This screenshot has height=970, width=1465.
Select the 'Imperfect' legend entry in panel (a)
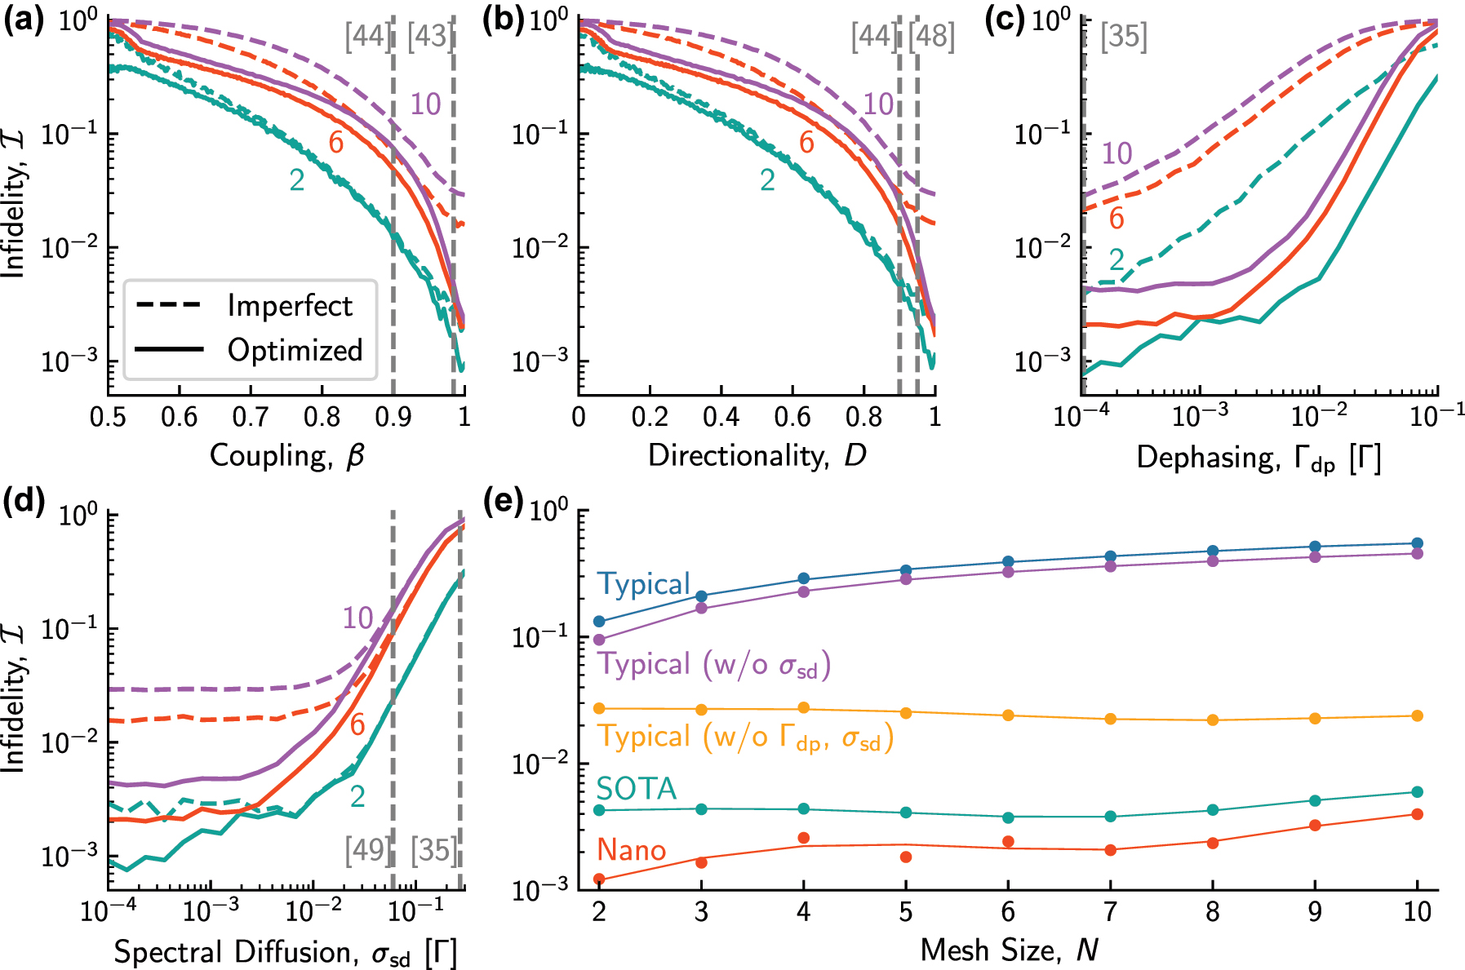point(289,306)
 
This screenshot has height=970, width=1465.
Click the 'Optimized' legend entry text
point(295,350)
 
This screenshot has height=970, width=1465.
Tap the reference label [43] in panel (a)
point(430,37)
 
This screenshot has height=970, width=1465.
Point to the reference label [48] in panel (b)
point(931,37)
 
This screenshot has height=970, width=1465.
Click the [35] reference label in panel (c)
point(1124,37)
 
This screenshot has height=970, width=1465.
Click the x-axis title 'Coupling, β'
point(286,455)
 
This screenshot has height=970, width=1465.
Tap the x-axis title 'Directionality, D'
point(757,455)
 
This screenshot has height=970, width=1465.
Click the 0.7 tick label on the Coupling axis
point(251,418)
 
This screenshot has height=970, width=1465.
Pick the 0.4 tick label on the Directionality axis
point(721,418)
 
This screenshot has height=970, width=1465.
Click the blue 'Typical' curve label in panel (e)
point(643,584)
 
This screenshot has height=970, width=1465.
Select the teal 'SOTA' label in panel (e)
point(636,788)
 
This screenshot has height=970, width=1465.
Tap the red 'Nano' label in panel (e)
point(631,850)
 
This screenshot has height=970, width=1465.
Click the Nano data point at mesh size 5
point(906,857)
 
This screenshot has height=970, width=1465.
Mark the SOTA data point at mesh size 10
point(1417,792)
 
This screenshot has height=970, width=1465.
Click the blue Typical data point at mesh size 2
point(599,622)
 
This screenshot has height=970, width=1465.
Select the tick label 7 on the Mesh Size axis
point(1110,911)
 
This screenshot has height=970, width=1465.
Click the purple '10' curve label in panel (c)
point(1117,153)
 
